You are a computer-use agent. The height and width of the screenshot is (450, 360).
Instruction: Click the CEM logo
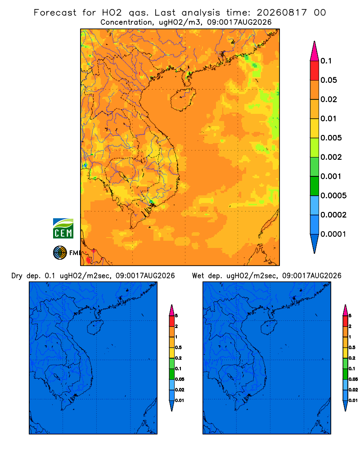click(63, 228)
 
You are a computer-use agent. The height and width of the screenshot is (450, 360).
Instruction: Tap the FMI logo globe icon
click(60, 252)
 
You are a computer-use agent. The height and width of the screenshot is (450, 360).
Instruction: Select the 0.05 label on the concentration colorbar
click(328, 80)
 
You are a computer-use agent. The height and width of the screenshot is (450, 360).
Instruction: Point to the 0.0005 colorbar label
click(333, 195)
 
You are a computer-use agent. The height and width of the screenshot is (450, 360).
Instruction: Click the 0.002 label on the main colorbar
click(331, 157)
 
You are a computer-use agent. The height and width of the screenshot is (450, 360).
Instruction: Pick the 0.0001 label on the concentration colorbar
click(333, 234)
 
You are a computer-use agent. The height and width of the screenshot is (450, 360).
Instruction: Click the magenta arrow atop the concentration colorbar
click(315, 51)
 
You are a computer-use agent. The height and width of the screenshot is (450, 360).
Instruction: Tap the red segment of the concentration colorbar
click(315, 70)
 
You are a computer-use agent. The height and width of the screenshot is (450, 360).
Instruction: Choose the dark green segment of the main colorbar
click(315, 186)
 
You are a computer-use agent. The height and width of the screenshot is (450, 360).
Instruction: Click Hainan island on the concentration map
click(183, 99)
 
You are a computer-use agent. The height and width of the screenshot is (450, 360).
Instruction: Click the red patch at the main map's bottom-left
click(88, 260)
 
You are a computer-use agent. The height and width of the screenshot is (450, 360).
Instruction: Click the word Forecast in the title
click(55, 13)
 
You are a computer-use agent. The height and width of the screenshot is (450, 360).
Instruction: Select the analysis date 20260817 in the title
click(282, 13)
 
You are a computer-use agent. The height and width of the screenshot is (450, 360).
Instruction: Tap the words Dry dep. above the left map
click(26, 276)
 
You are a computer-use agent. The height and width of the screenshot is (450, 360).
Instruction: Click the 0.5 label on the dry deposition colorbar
click(178, 347)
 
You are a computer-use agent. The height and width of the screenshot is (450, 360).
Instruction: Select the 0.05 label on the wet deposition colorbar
click(353, 379)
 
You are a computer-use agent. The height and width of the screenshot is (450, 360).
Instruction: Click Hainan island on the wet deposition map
click(269, 327)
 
